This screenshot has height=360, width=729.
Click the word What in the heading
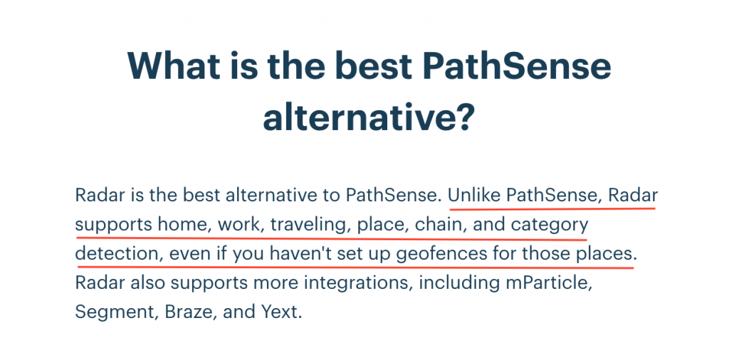pos(174,66)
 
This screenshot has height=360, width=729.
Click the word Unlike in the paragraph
pos(474,196)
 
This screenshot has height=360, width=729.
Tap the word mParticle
pos(549,283)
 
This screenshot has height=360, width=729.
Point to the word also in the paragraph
pos(147,283)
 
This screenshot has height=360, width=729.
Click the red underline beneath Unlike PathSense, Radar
pos(552,208)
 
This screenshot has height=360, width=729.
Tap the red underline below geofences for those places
pos(356,267)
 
